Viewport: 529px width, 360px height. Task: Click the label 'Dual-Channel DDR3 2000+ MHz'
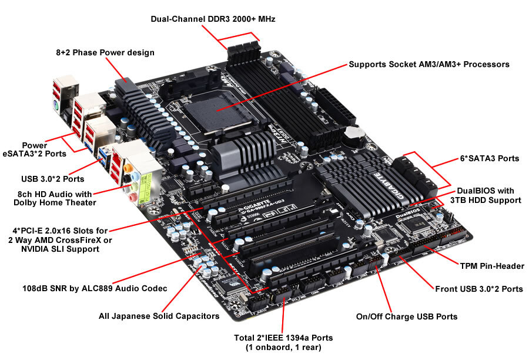point(213,19)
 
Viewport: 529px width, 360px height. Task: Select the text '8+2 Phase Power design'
point(105,53)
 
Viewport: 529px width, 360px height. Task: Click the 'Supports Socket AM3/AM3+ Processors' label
point(428,64)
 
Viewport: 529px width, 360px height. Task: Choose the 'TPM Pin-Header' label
point(493,266)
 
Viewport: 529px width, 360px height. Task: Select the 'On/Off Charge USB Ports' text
point(406,316)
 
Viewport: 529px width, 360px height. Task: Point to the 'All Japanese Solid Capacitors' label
point(159,316)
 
